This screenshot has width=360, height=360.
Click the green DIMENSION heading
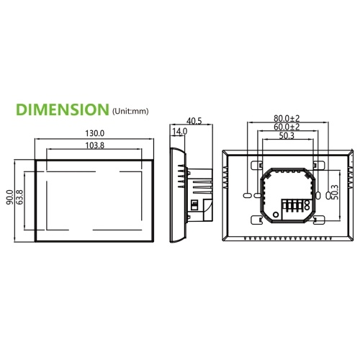(63, 109)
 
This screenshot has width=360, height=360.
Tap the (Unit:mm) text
(130, 111)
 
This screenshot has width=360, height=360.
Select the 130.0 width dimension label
(95, 133)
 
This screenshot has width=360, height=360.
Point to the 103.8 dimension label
(95, 145)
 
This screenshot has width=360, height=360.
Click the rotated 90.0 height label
(10, 197)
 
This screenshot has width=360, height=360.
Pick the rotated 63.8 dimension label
(19, 197)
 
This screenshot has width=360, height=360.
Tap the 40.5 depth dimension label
(194, 121)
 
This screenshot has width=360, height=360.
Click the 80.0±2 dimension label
(287, 118)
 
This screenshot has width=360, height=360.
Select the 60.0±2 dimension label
(287, 127)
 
